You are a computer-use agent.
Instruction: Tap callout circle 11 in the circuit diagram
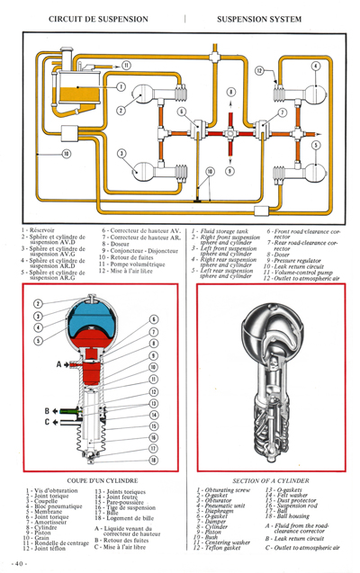point(126,65)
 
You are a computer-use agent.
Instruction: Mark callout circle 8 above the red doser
point(231,92)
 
